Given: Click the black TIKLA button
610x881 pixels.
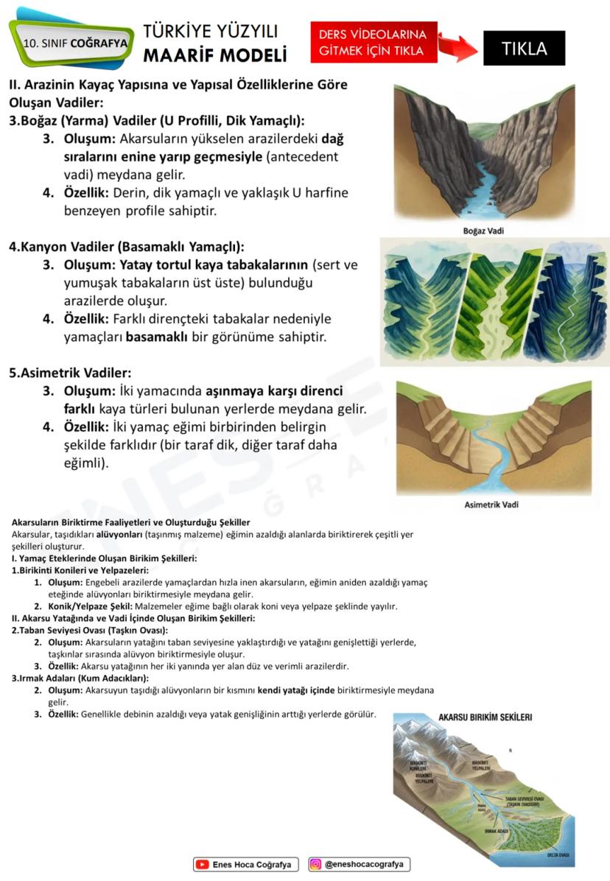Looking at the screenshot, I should click(524, 49).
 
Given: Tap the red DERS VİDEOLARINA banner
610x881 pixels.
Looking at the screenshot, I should click(374, 43).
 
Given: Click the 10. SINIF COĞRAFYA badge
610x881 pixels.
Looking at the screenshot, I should click(74, 43).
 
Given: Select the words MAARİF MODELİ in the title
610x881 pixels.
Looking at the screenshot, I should click(214, 55).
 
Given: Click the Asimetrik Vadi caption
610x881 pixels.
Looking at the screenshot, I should click(491, 505).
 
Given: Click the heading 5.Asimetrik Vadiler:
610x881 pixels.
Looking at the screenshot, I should click(70, 373).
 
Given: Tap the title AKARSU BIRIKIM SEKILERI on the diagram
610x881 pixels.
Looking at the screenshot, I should click(485, 717).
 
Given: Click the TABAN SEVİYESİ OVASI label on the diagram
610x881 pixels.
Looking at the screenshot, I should click(528, 801).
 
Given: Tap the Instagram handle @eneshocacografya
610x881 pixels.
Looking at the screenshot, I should click(366, 865).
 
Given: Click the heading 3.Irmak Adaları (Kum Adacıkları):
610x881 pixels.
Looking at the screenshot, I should click(80, 678).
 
